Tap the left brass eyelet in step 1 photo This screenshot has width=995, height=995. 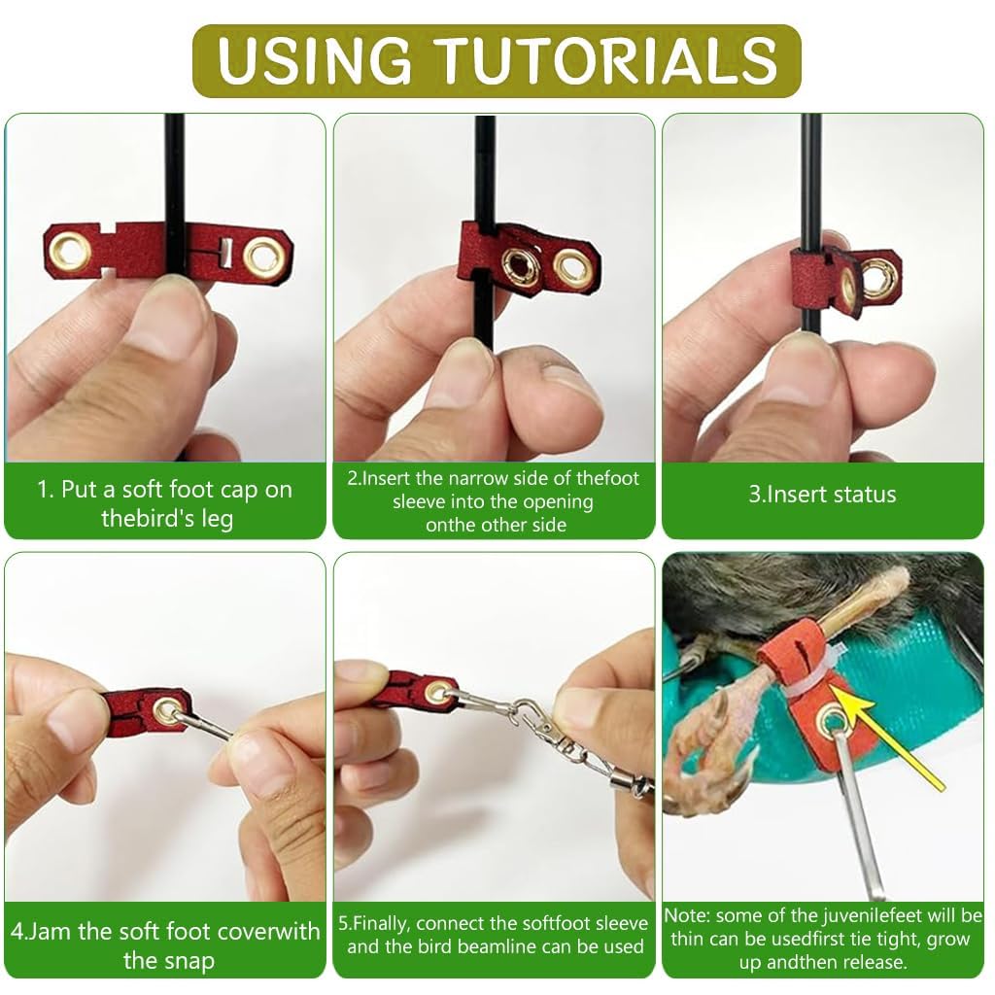pos(71,252)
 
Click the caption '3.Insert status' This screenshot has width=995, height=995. pos(822,494)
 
